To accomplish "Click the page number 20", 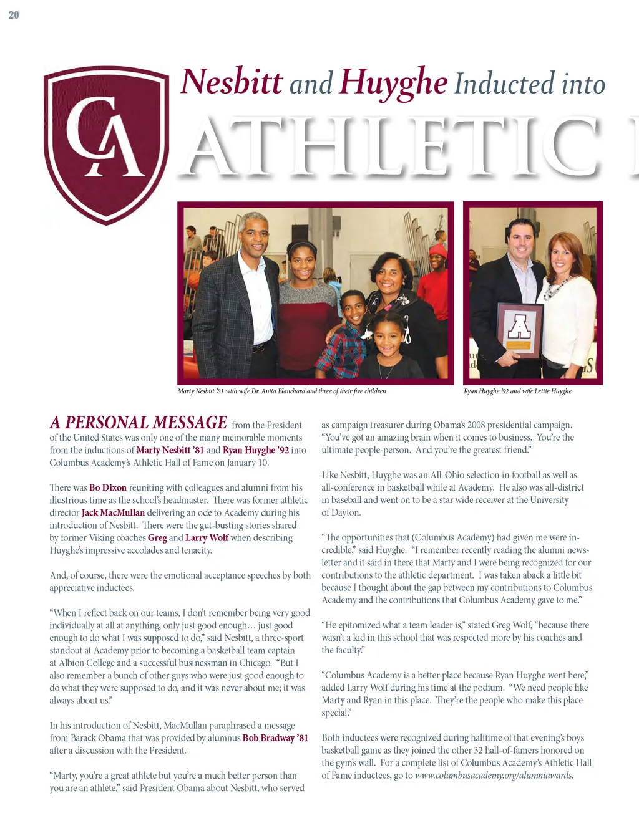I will (14, 15).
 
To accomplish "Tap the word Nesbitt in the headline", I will (231, 82).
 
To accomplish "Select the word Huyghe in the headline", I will (393, 83).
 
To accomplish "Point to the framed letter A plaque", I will (520, 330).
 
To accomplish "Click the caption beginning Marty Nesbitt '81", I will (281, 391).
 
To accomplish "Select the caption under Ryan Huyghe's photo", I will (517, 391).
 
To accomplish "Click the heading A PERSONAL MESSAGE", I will (139, 423).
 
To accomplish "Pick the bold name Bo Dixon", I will (108, 487).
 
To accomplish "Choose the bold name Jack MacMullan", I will (113, 512).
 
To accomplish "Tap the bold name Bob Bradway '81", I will (275, 738).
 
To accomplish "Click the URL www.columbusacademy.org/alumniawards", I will (494, 776).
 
